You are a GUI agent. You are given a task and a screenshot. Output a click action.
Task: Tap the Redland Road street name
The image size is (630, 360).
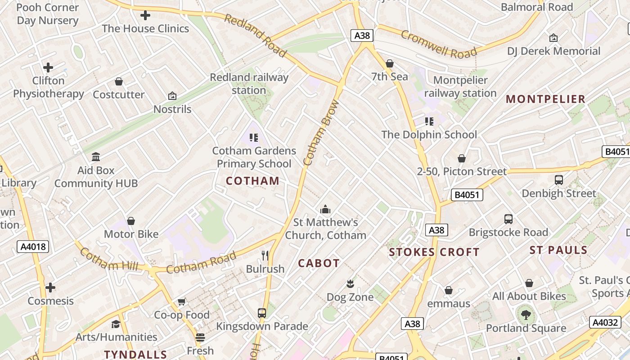coord(255,36)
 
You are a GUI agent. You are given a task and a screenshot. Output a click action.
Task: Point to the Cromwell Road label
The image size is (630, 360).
coord(438,45)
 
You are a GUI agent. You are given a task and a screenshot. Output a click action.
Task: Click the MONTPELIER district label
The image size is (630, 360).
coord(545,99)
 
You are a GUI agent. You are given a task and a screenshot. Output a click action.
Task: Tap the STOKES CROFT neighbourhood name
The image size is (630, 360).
coord(434,252)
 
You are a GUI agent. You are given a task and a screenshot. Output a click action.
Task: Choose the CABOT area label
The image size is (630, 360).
coord(319,263)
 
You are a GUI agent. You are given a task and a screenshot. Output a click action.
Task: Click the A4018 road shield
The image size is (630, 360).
coord(32,247)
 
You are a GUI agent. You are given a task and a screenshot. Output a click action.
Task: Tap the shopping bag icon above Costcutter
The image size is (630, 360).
coord(119,81)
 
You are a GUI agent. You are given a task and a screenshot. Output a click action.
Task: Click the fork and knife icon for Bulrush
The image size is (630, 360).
coord(265,256)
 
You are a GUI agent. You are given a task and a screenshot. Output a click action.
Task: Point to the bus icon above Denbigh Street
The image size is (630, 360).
coord(559,180)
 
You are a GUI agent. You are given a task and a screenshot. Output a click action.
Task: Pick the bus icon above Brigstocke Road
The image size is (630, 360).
coord(508,219)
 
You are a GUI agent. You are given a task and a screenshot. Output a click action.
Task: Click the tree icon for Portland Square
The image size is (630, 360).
coord(526,315)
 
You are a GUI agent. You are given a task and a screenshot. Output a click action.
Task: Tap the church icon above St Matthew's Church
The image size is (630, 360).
coord(325,209)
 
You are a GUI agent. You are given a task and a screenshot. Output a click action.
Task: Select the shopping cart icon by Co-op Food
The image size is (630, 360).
coord(182,301)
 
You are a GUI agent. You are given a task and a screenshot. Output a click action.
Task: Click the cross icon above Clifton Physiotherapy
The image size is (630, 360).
coord(48,67)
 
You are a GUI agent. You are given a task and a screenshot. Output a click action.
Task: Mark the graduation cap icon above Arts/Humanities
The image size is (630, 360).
coord(116,324)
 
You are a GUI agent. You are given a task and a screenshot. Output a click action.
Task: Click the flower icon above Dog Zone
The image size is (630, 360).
coord(350,283)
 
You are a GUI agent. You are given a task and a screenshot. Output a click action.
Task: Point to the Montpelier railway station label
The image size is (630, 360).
coord(460,86)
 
